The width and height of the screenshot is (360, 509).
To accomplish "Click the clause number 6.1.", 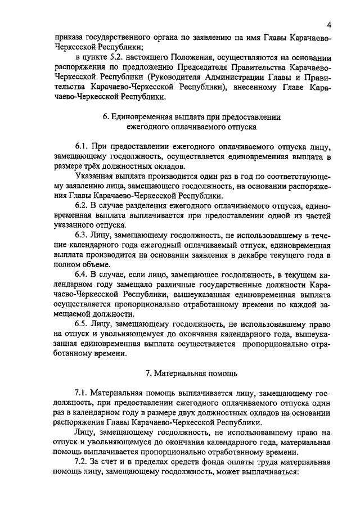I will pos(82,146).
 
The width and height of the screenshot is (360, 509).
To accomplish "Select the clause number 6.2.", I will pos(82,206).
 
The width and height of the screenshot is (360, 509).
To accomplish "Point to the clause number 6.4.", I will pos(82,275).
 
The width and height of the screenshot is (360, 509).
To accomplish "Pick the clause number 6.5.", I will pos(82,325).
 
